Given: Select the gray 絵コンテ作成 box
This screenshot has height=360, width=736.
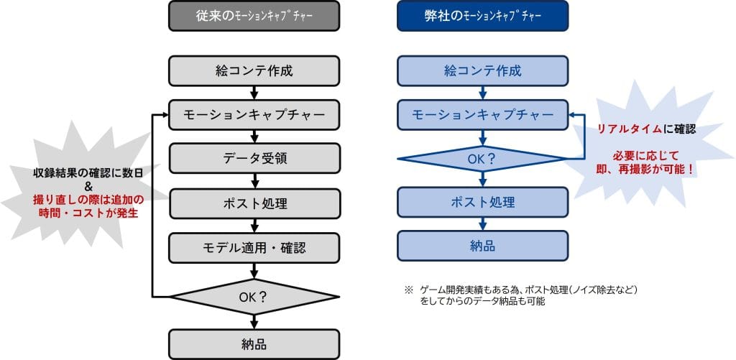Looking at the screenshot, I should point(254,71).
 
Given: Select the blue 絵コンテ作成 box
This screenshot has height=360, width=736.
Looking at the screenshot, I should point(482,71).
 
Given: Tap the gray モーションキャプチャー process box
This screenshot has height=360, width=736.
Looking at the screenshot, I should point(254,114).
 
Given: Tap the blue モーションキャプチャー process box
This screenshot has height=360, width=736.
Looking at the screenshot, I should point(482,114).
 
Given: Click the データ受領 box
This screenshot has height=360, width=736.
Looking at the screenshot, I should point(254,158).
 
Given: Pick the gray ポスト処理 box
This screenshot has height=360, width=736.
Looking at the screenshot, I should point(254,203).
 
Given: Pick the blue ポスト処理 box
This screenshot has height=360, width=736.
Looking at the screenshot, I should point(482,202).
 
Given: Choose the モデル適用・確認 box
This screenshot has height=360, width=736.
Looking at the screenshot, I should point(254,247).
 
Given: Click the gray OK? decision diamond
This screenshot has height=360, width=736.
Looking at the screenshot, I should point(254,295).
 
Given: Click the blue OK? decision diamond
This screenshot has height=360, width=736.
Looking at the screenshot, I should point(482,158).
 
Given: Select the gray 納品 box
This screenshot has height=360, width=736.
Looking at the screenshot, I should point(254,343).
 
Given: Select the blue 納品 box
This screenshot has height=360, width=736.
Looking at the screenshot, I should point(482,246).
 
